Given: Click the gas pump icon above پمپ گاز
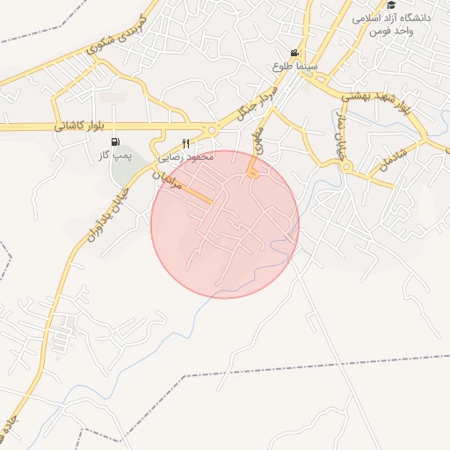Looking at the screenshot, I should (x=115, y=142).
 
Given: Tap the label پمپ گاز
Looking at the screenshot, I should (x=115, y=155).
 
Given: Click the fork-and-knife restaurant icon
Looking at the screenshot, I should (x=185, y=143).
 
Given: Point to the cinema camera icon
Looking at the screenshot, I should (x=294, y=53).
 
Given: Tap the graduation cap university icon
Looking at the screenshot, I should (x=391, y=5).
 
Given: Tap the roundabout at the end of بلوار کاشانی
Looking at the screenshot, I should (x=211, y=130).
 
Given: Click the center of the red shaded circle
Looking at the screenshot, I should (x=225, y=224).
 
